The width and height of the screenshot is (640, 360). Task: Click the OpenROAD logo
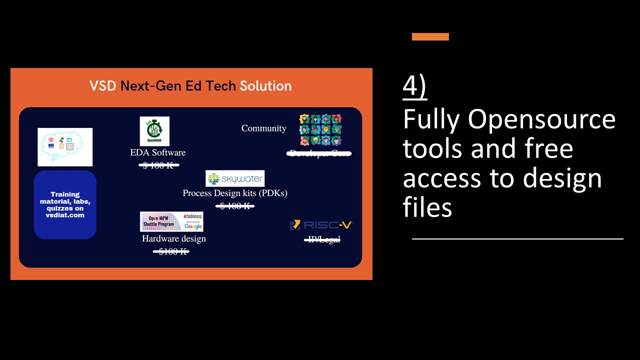(x=154, y=131)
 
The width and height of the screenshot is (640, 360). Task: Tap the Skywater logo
(x=235, y=178)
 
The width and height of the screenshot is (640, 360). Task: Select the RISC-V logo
(x=320, y=225)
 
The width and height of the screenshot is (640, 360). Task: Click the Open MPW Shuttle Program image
(x=171, y=221)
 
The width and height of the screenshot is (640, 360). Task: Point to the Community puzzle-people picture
(x=320, y=129)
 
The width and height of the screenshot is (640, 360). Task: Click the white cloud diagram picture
(x=65, y=146)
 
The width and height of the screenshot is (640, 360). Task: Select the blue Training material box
(x=65, y=204)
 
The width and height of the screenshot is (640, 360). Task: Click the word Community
(x=263, y=128)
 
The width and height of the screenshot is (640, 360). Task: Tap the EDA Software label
(x=158, y=152)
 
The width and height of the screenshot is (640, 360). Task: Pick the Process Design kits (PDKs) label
(x=235, y=193)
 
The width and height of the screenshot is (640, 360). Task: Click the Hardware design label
(x=174, y=238)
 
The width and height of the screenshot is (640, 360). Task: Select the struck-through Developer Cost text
(x=319, y=153)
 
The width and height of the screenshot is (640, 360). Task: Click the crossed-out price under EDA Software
(x=158, y=165)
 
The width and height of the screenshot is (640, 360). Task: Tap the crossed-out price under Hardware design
(x=171, y=251)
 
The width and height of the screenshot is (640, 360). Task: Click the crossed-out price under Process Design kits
(x=235, y=205)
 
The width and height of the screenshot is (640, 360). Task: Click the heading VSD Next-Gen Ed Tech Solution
(x=190, y=86)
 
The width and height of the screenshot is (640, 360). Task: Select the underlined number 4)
(x=414, y=87)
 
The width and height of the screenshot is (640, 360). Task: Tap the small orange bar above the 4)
(x=430, y=36)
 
